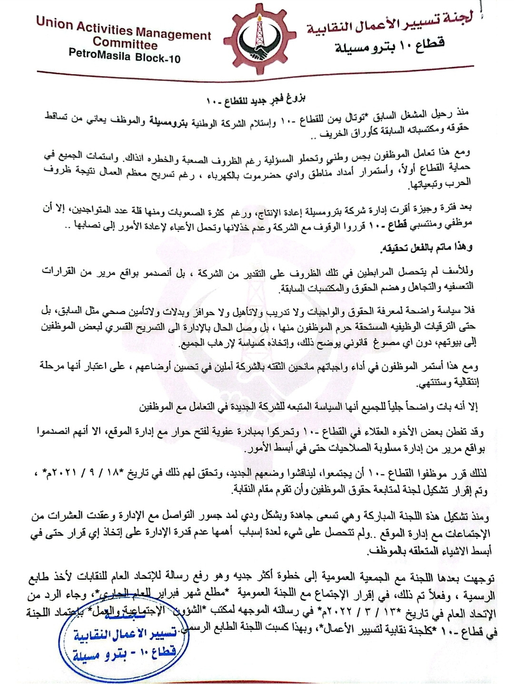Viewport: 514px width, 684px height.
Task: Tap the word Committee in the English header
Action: [x=125, y=44]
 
